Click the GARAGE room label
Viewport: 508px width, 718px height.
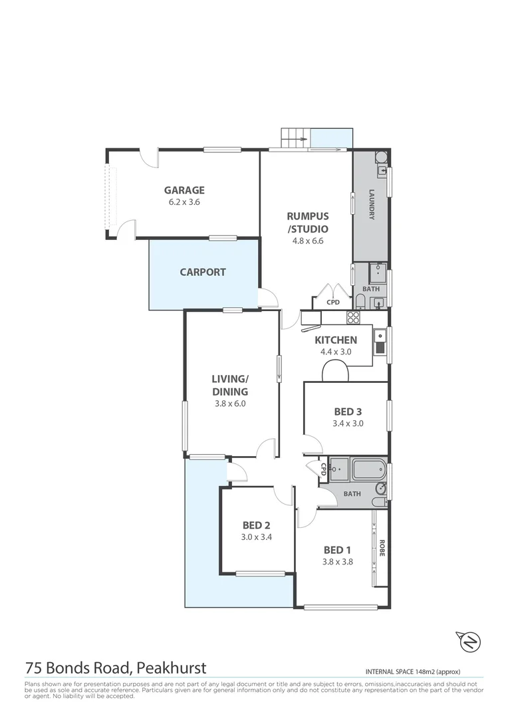pyautogui.click(x=184, y=190)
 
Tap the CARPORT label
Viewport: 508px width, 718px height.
pyautogui.click(x=203, y=272)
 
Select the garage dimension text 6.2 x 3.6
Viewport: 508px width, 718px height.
pyautogui.click(x=184, y=202)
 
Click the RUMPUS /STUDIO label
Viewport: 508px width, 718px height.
pyautogui.click(x=307, y=222)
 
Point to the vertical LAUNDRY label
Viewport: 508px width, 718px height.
pyautogui.click(x=372, y=205)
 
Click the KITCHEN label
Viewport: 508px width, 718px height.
pyautogui.click(x=336, y=340)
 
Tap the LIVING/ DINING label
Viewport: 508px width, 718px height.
pyautogui.click(x=229, y=385)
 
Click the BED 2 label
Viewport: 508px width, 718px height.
pyautogui.click(x=256, y=525)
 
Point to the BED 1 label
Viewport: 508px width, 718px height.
pyautogui.click(x=337, y=550)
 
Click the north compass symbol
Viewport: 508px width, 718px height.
pyautogui.click(x=470, y=642)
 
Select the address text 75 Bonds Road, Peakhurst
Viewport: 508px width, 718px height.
pyautogui.click(x=116, y=667)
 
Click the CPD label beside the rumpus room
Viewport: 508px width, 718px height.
pyautogui.click(x=333, y=302)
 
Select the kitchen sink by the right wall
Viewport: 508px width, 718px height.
pyautogui.click(x=380, y=342)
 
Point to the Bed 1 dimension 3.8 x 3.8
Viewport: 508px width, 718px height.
pyautogui.click(x=337, y=561)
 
